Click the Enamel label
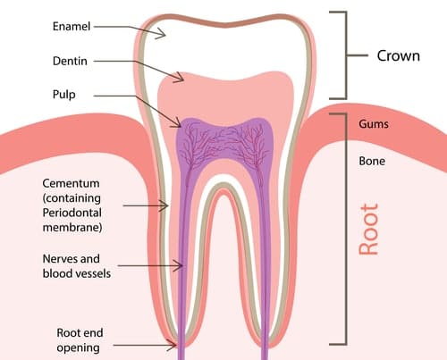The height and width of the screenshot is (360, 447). pyautogui.click(x=72, y=26)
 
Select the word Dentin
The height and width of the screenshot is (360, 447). pyautogui.click(x=70, y=61)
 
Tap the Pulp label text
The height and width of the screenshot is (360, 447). pyautogui.click(x=64, y=95)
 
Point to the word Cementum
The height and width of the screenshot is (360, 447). pyautogui.click(x=71, y=183)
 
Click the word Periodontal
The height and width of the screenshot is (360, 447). pyautogui.click(x=72, y=213)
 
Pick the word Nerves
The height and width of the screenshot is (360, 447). pyautogui.click(x=60, y=259)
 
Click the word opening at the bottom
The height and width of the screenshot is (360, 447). pyautogui.click(x=79, y=348)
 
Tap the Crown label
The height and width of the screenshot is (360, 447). pyautogui.click(x=399, y=55)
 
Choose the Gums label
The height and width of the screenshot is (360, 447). pyautogui.click(x=374, y=124)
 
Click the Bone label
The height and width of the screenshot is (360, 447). pyautogui.click(x=372, y=161)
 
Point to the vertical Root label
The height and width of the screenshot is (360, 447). pyautogui.click(x=368, y=230)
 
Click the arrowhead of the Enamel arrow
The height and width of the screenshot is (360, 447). pyautogui.click(x=162, y=33)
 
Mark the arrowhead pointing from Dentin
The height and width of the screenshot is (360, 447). pyautogui.click(x=180, y=78)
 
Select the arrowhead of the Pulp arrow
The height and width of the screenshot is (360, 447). pyautogui.click(x=177, y=122)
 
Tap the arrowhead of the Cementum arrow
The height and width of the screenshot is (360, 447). pyautogui.click(x=164, y=205)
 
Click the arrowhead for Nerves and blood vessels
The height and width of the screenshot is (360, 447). pyautogui.click(x=179, y=265)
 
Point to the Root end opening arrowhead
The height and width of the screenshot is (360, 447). pyautogui.click(x=173, y=346)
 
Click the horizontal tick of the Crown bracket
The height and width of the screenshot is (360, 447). pyautogui.click(x=358, y=55)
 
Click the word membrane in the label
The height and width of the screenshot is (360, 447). pyautogui.click(x=72, y=228)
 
